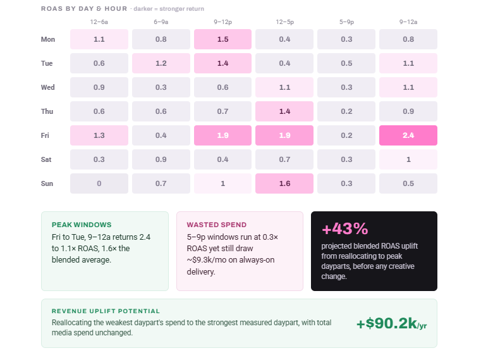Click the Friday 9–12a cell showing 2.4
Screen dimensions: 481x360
(x=408, y=135)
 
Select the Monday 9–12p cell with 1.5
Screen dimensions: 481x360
(x=222, y=39)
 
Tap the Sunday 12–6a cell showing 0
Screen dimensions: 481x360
(x=99, y=183)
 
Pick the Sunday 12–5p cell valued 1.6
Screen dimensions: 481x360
(x=284, y=183)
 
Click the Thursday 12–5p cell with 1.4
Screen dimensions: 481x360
(x=284, y=111)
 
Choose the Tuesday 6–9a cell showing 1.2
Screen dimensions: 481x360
(x=161, y=63)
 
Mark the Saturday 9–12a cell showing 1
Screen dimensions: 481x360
(x=408, y=159)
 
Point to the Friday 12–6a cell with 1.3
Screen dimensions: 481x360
(x=99, y=135)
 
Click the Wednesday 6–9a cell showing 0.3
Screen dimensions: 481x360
(x=161, y=87)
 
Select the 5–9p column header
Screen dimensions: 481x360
(x=346, y=22)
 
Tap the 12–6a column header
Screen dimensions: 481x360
(x=99, y=22)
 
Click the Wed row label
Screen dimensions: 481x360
(x=48, y=87)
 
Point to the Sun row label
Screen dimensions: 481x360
(x=47, y=183)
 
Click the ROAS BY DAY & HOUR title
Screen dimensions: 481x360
(x=84, y=9)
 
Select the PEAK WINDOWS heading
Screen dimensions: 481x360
(x=82, y=225)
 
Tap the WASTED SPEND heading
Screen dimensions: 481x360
(x=217, y=225)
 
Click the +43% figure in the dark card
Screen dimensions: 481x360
(x=345, y=228)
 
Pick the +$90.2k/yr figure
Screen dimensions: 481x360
(x=391, y=323)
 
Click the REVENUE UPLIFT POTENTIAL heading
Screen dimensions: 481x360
(x=106, y=311)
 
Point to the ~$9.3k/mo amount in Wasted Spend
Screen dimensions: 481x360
(x=207, y=260)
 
